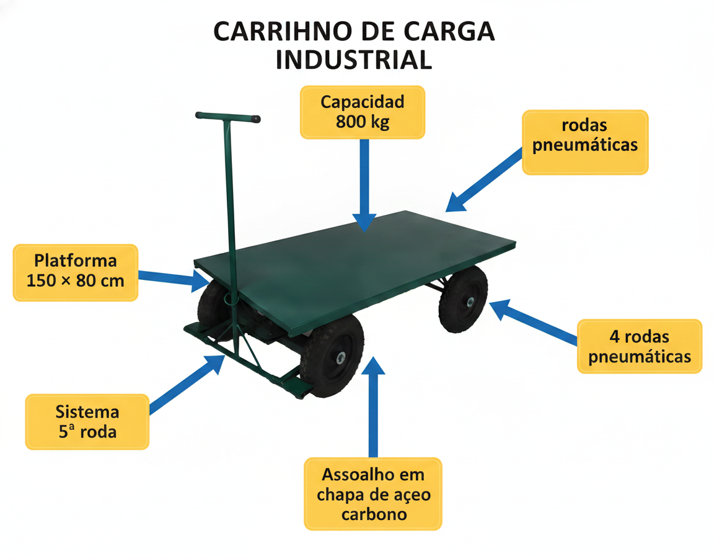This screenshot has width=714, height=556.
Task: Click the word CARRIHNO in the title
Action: tap(283, 32)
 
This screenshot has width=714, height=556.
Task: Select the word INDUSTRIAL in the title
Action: tap(354, 60)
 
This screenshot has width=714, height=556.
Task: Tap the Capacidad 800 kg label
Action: tap(363, 112)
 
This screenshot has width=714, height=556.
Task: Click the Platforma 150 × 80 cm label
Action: tap(75, 272)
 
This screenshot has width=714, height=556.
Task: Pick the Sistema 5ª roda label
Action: tap(87, 422)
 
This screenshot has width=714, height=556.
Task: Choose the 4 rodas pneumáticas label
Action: tap(640, 346)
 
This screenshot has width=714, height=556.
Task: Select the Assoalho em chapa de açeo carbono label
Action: tap(373, 494)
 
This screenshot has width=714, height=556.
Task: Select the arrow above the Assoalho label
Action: tap(373, 407)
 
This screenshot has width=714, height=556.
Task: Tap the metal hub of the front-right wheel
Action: tap(340, 358)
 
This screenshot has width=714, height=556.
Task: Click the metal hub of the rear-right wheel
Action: tap(469, 301)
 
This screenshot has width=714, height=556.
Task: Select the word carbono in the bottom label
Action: tap(374, 514)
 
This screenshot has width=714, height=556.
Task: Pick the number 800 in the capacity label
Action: tap(351, 122)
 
